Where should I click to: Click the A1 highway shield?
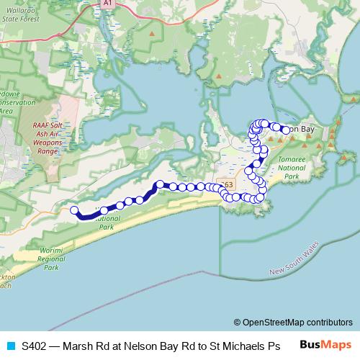click(107, 4)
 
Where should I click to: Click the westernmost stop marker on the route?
click(73, 210)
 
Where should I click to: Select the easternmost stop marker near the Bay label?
click(286, 130)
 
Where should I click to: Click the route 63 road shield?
click(228, 185)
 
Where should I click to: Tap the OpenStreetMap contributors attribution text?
click(297, 322)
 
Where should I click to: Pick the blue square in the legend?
click(10, 345)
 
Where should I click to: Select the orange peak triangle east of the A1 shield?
click(152, 32)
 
